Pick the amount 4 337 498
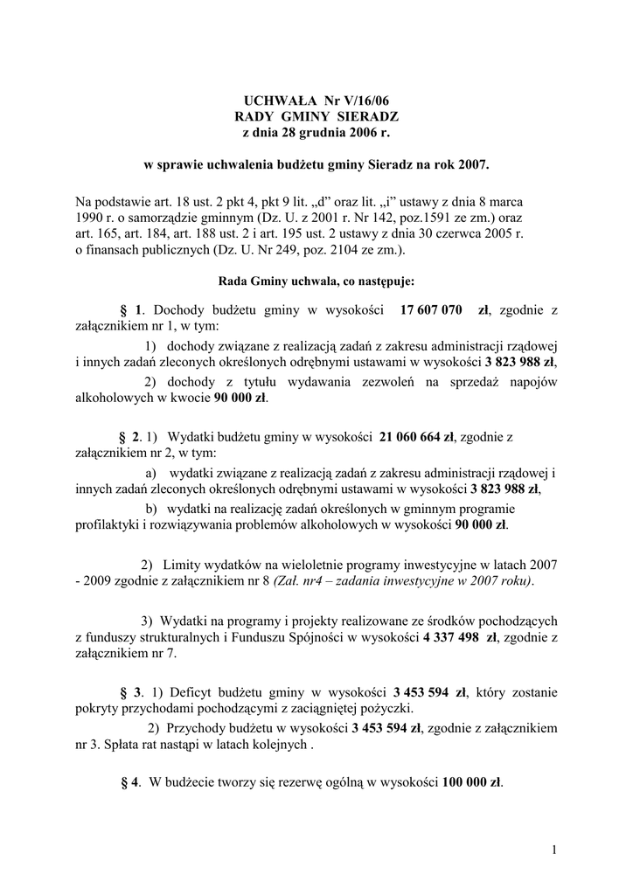click(449, 637)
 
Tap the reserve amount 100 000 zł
click(471, 781)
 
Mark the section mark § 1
click(131, 309)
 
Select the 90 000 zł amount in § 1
click(240, 398)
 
